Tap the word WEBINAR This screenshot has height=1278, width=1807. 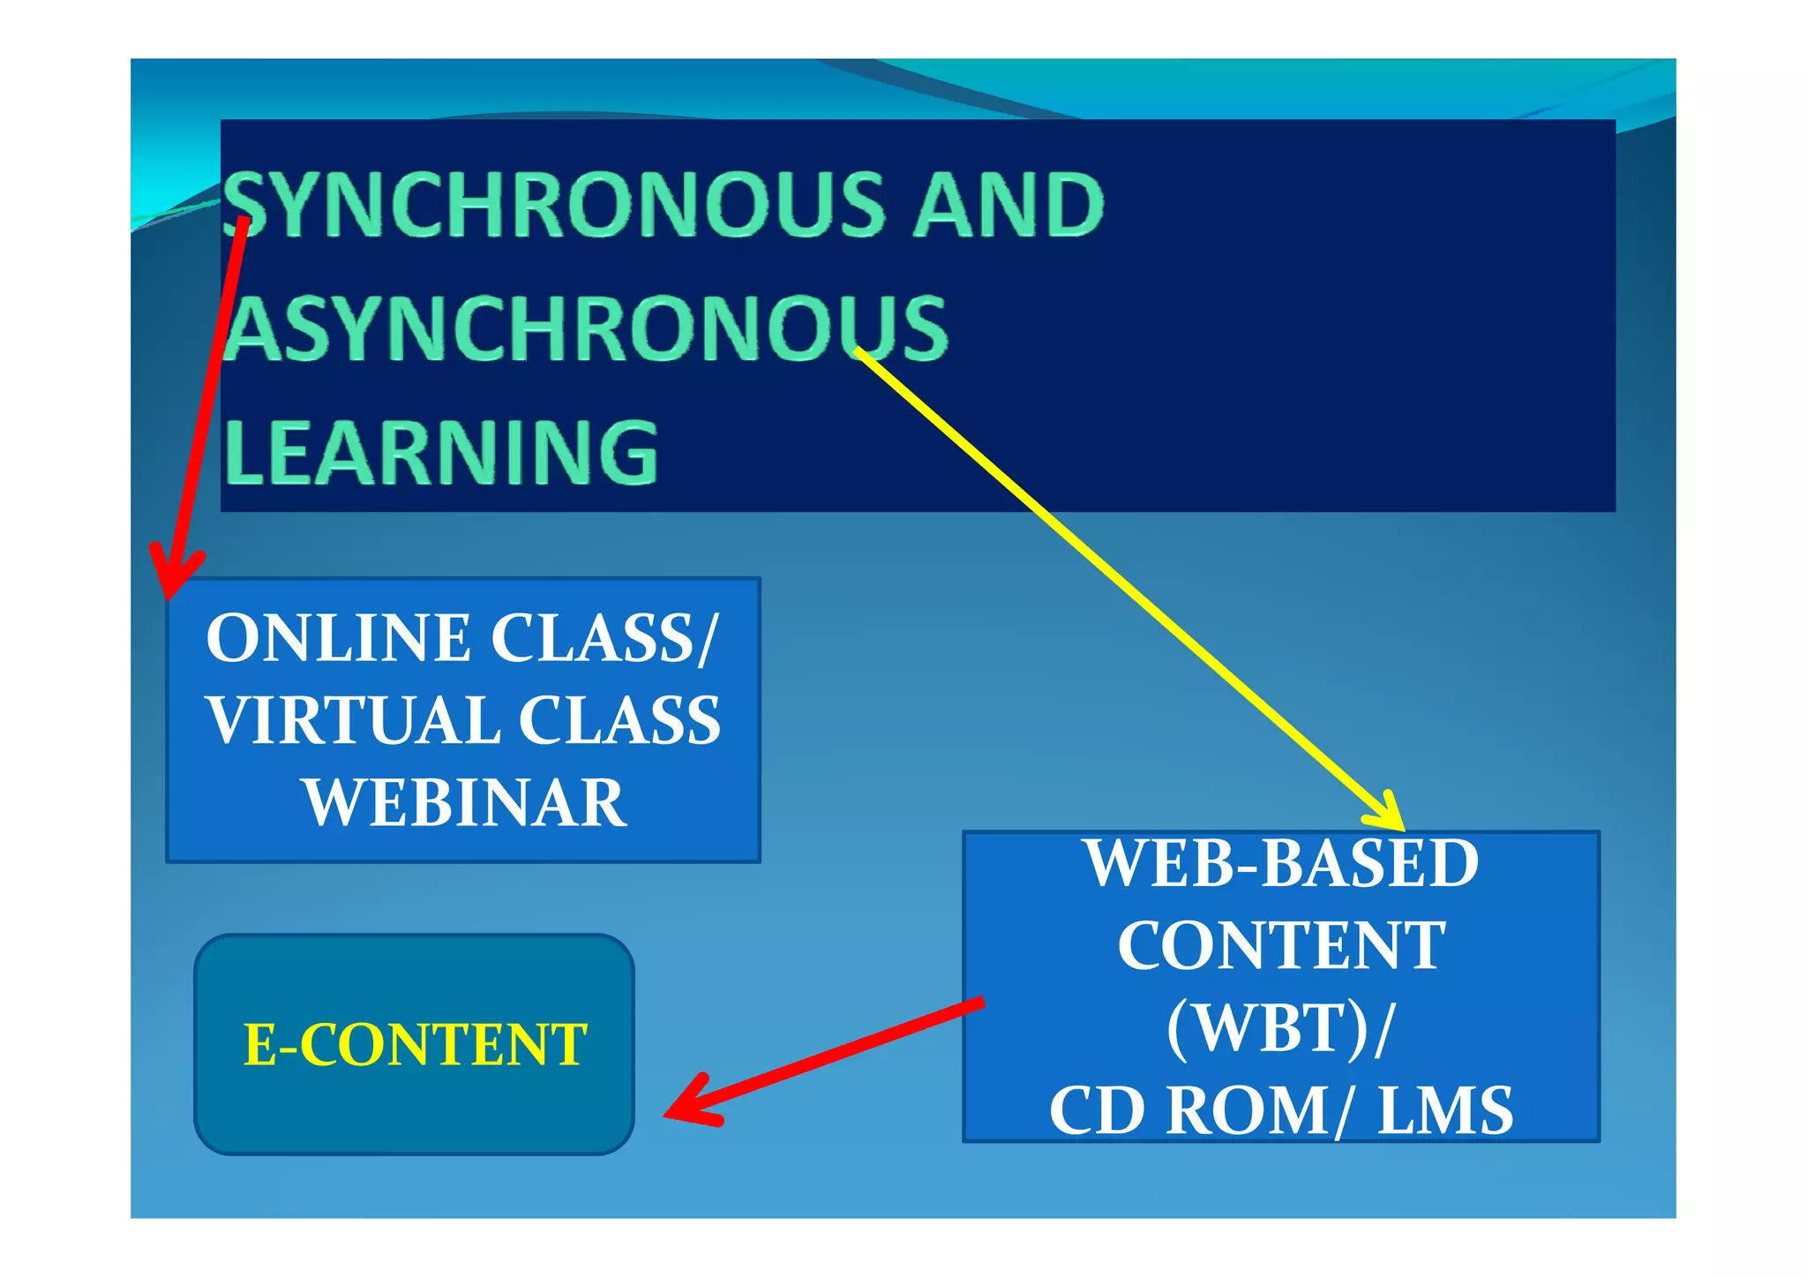[465, 803]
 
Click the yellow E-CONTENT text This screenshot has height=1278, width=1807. [415, 1045]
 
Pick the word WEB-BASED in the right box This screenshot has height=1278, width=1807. [1281, 864]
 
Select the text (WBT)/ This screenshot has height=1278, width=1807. [1281, 1028]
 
